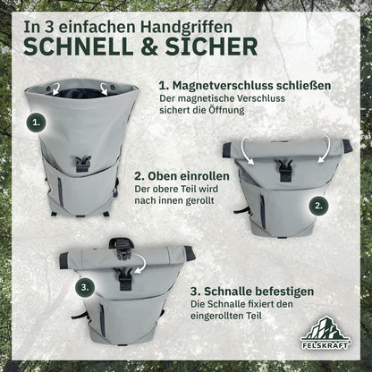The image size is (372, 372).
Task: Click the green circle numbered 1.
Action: tap(36, 123)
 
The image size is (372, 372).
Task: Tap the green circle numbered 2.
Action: tap(318, 206)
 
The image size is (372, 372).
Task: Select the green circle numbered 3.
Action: tap(85, 288)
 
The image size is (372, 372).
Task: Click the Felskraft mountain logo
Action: tap(325, 333)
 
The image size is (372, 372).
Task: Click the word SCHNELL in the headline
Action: tap(79, 46)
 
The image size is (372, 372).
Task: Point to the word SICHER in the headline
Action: tap(211, 46)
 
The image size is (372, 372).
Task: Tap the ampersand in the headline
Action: tap(149, 46)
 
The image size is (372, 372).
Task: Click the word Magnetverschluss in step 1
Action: tap(224, 86)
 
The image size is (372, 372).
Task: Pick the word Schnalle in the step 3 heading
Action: tap(228, 292)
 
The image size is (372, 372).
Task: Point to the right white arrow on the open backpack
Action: tap(104, 89)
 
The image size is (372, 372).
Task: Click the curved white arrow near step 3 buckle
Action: tap(141, 264)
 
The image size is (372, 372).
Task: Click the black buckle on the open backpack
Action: tap(81, 164)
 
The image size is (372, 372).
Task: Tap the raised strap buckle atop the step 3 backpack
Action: tap(121, 247)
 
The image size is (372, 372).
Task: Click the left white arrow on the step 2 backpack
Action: tap(247, 151)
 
